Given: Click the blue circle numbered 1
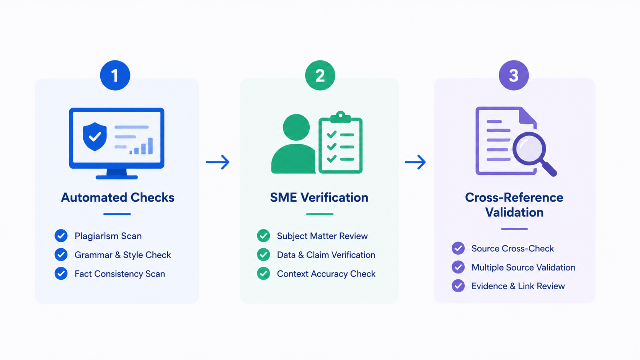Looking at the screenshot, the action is [115, 75].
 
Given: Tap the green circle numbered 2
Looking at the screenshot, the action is [320, 75].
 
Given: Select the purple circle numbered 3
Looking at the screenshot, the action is [514, 75].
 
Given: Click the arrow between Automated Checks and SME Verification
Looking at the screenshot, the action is [218, 162].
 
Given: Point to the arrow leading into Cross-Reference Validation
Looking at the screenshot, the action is [415, 162].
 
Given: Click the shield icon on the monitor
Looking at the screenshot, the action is [95, 137].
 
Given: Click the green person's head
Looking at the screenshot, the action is [296, 127].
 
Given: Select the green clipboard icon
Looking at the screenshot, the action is [341, 142].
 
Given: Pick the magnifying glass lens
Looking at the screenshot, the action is [529, 149].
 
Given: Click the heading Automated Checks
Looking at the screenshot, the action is [118, 197].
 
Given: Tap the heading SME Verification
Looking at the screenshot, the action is [319, 197].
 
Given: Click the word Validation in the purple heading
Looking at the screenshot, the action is [514, 212].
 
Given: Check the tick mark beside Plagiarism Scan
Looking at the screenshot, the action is [61, 236].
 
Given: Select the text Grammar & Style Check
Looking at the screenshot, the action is [122, 255].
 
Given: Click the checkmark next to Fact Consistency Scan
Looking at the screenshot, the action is [61, 274].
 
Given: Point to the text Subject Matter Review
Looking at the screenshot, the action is [322, 236].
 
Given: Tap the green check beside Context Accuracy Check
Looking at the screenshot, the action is [263, 274].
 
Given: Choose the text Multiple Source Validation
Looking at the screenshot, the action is [523, 267].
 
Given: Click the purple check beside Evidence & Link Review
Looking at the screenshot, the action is [458, 286].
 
